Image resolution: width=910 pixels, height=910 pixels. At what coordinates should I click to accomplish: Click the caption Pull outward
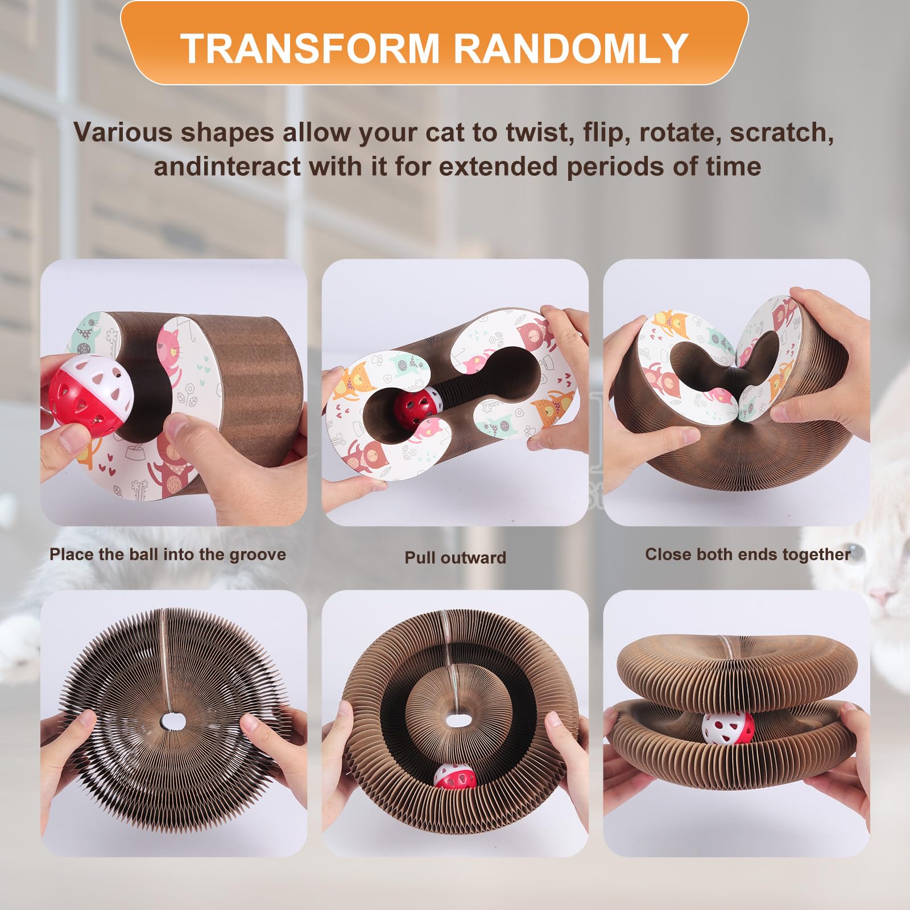[x=455, y=557]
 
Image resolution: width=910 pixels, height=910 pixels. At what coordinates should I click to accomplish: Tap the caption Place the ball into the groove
[x=168, y=555]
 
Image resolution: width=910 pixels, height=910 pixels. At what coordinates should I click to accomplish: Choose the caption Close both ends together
[x=748, y=555]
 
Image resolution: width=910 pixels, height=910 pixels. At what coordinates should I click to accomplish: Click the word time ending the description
[x=735, y=167]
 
